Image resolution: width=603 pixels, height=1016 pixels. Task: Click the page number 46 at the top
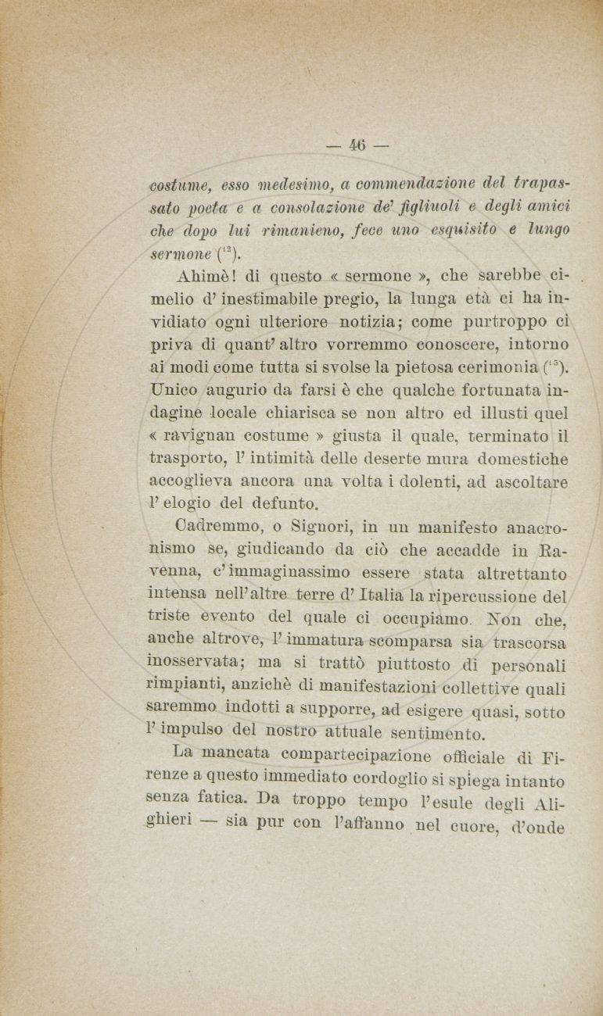(x=358, y=145)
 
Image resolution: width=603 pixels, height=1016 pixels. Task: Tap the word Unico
(x=175, y=389)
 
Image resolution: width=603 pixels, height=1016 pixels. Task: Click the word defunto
(x=289, y=503)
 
